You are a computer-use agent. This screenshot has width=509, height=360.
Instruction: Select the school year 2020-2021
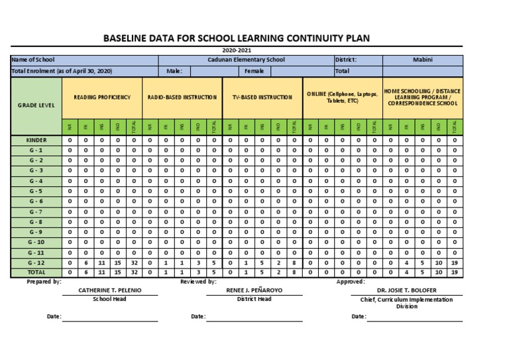pyautogui.click(x=236, y=50)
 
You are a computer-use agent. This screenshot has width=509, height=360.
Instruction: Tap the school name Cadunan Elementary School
pyautogui.click(x=246, y=60)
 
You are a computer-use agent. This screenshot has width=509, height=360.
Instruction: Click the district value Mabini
pyautogui.click(x=423, y=60)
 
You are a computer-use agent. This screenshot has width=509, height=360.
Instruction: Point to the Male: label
pyautogui.click(x=174, y=70)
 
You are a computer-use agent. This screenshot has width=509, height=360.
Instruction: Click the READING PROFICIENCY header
pyautogui.click(x=102, y=97)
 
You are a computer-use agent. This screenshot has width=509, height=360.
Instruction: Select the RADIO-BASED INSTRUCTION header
pyautogui.click(x=182, y=97)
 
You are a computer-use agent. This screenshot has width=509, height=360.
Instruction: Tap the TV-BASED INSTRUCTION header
pyautogui.click(x=262, y=97)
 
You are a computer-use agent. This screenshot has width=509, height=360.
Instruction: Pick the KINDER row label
pyautogui.click(x=36, y=141)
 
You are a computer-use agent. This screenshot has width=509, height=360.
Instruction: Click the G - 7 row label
pyautogui.click(x=36, y=211)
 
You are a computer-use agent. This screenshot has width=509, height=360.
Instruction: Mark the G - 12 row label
pyautogui.click(x=36, y=263)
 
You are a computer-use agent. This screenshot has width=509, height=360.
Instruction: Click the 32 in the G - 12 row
pyautogui.click(x=134, y=263)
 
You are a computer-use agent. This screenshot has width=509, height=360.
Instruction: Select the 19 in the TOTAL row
pyautogui.click(x=455, y=272)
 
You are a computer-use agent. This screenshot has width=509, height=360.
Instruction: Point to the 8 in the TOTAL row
pyautogui.click(x=294, y=272)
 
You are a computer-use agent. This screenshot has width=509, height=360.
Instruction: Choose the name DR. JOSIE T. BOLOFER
pyautogui.click(x=406, y=290)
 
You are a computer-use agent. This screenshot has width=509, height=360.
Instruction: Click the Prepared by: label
pyautogui.click(x=44, y=282)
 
